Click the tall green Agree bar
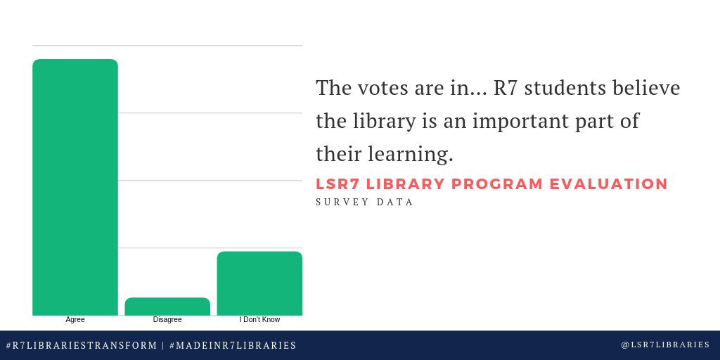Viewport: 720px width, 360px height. [75, 187]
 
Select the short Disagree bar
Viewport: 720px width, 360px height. [167, 307]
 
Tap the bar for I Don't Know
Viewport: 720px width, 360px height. [259, 283]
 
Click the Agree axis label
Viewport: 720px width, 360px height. [75, 320]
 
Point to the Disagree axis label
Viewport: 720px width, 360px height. [167, 320]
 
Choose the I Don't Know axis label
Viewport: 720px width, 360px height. [259, 320]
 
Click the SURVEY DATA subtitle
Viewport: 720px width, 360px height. [364, 202]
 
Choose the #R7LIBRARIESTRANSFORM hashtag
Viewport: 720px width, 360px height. [82, 345]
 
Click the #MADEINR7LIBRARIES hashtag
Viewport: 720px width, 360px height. [233, 345]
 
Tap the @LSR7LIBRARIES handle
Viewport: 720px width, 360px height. [665, 345]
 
